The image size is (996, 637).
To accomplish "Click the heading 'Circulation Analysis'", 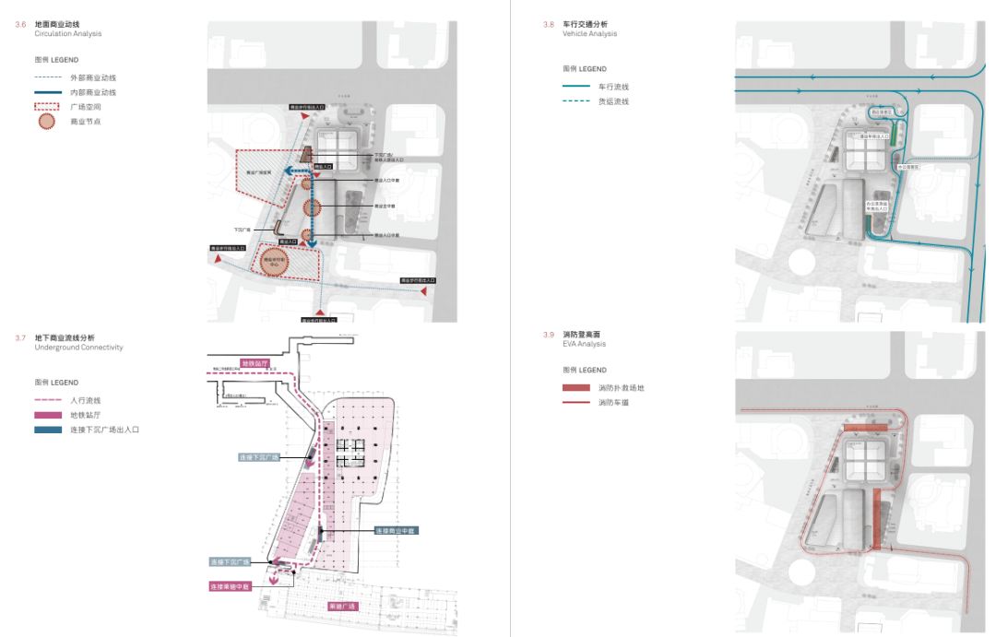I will tap(67, 34).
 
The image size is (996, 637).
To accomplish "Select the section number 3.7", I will tap(20, 338).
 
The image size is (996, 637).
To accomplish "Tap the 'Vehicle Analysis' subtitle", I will tap(590, 34).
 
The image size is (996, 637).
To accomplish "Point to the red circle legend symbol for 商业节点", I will tap(47, 121).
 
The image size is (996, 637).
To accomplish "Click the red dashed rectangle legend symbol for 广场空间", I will tap(47, 107).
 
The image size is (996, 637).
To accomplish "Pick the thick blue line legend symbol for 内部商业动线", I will tap(47, 92).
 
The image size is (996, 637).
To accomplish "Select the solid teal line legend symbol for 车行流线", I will tap(576, 87).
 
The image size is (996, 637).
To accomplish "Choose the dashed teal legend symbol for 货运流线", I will tap(576, 101).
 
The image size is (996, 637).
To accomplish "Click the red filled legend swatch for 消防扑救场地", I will tap(576, 388).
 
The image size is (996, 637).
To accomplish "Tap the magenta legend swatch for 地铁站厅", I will tap(47, 415).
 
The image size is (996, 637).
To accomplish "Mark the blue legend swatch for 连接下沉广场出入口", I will tap(47, 430).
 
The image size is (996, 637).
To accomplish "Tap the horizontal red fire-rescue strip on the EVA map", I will tap(867, 428).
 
